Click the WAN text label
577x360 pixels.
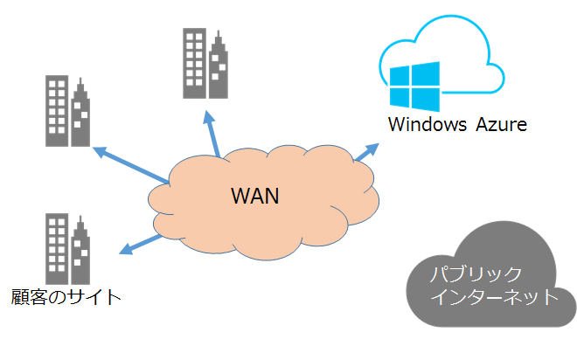pyautogui.click(x=254, y=194)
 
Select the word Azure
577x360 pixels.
pyautogui.click(x=502, y=124)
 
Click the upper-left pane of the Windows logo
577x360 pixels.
pyautogui.click(x=403, y=74)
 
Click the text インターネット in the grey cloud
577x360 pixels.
pyautogui.click(x=496, y=296)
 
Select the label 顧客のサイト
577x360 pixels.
pyautogui.click(x=65, y=297)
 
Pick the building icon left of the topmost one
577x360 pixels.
pyautogui.click(x=68, y=110)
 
